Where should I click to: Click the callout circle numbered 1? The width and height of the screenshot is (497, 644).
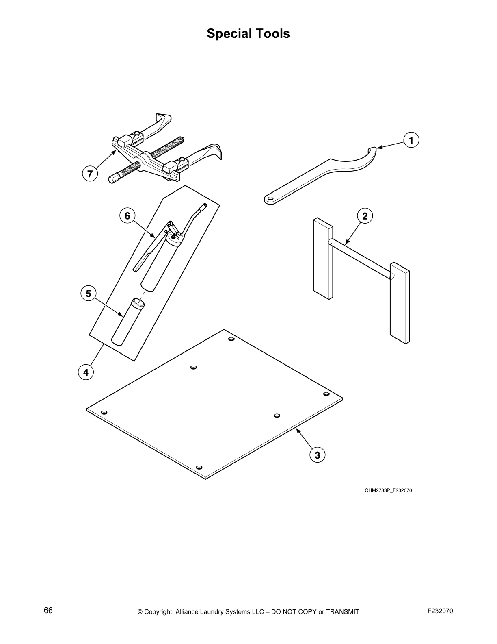411,140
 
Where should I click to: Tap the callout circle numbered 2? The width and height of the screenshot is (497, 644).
365,216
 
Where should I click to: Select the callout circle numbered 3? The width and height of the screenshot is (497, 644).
317,455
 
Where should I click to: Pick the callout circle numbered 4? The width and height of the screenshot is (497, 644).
86,372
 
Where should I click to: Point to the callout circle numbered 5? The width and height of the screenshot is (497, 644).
89,293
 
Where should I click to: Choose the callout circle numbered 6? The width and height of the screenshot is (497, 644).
127,215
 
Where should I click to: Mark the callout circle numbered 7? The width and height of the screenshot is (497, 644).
90,174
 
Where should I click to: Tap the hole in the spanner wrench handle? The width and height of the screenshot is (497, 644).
270,198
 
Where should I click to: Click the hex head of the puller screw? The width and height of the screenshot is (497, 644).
114,179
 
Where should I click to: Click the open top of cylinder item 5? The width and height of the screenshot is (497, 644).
138,302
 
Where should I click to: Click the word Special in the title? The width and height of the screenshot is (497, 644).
230,33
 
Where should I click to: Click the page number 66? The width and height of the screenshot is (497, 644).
48,611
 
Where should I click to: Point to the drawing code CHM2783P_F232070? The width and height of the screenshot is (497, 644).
388,490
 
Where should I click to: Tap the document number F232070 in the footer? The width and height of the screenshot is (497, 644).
440,611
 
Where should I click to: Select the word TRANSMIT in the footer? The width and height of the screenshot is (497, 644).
343,611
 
